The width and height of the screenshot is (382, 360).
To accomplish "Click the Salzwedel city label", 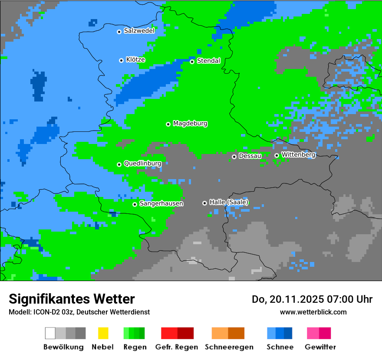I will pyautogui.click(x=139, y=31).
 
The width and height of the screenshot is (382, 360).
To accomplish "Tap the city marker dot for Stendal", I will pyautogui.click(x=192, y=62).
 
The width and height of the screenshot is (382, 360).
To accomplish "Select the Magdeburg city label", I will pyautogui.click(x=190, y=124).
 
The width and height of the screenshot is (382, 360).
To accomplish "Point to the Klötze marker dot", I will pyautogui.click(x=121, y=60).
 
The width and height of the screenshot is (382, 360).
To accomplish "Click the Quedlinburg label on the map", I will pyautogui.click(x=142, y=164).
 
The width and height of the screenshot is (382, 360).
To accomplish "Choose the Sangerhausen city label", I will pyautogui.click(x=161, y=203).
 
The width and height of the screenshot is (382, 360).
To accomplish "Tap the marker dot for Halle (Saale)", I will pyautogui.click(x=205, y=203).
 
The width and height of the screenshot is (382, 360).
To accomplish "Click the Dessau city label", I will pyautogui.click(x=250, y=156).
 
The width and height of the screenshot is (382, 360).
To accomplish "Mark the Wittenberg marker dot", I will pyautogui.click(x=277, y=155).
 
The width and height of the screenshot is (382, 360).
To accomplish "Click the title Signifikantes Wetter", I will pyautogui.click(x=72, y=299).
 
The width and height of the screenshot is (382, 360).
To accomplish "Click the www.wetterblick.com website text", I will pyautogui.click(x=313, y=312).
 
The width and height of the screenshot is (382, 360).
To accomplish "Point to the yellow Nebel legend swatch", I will pyautogui.click(x=103, y=333).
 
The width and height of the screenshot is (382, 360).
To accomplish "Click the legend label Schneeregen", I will pyautogui.click(x=228, y=347).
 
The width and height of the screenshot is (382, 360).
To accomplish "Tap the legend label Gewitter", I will pyautogui.click(x=320, y=347).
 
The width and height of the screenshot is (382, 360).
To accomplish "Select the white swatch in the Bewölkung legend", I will pyautogui.click(x=50, y=333).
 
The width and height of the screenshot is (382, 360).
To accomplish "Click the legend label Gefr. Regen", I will pyautogui.click(x=177, y=347).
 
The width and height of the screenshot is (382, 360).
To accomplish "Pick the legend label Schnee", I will pyautogui.click(x=280, y=347).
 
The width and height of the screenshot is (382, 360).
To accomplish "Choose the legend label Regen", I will pyautogui.click(x=134, y=347).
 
